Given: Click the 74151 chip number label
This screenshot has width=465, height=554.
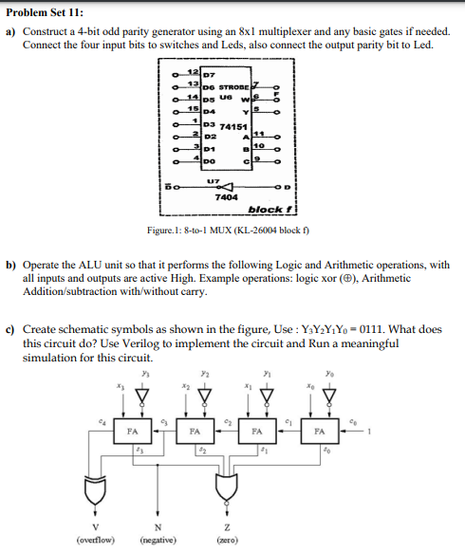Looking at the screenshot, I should point(232,126).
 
